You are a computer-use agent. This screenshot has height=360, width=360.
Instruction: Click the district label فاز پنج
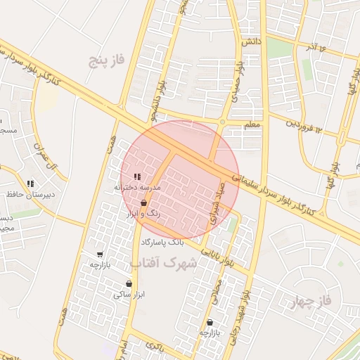click(x=106, y=60)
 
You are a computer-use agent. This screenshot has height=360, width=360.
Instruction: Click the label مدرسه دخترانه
click(x=138, y=188)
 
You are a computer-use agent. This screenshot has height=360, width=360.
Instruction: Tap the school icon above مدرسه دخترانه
click(x=137, y=176)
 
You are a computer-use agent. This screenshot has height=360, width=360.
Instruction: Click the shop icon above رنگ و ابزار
click(x=143, y=202)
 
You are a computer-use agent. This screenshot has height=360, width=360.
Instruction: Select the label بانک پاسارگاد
click(x=162, y=242)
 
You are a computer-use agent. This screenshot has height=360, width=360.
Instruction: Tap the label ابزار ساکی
click(x=129, y=295)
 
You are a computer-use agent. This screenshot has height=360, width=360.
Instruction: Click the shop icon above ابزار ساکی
click(x=129, y=284)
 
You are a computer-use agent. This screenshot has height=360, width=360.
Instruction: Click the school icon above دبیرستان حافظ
click(x=30, y=184)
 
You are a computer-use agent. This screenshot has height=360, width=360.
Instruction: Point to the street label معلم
click(x=252, y=124)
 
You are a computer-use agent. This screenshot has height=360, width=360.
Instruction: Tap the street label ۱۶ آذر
click(x=312, y=47)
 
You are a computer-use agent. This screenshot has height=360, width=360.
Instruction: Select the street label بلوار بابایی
click(x=218, y=256)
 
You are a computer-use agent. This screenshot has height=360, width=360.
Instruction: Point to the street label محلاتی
click(x=219, y=289)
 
